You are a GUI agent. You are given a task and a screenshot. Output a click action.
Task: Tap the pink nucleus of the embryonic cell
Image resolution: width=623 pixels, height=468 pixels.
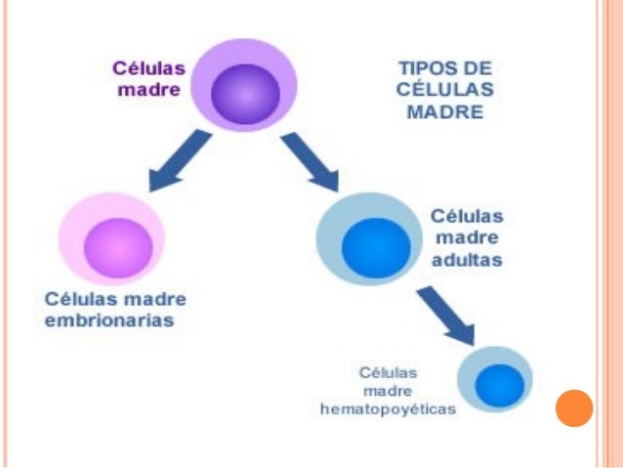[x=118, y=246]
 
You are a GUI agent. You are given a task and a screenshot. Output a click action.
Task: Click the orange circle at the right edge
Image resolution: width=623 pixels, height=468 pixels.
[x=574, y=407]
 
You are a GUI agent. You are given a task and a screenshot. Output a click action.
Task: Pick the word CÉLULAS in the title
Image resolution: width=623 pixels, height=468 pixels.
[x=444, y=91]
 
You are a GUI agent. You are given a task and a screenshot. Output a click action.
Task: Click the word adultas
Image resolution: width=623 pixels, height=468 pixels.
[x=467, y=260]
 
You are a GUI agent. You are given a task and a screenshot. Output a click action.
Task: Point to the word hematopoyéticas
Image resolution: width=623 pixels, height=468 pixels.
[x=389, y=409]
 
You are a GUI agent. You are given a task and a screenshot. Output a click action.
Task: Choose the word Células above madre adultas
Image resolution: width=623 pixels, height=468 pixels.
[x=467, y=217]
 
